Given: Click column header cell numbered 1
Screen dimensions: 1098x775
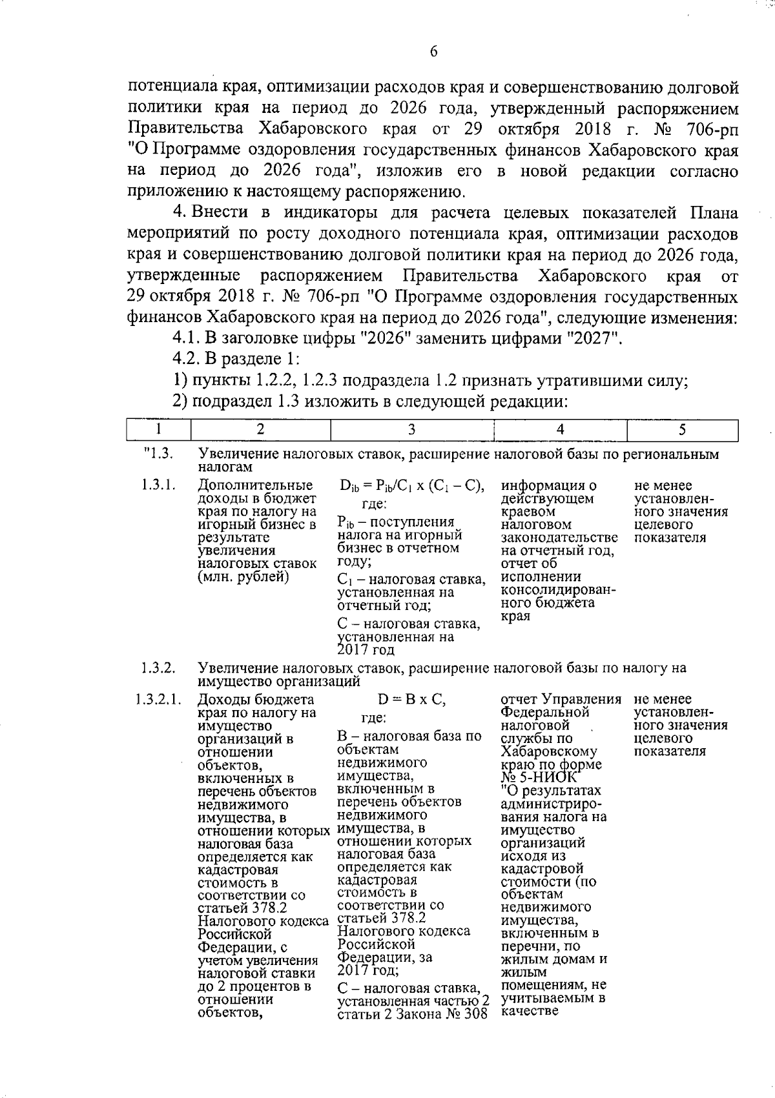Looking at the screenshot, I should point(158,430).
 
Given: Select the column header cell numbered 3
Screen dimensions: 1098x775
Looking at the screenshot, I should point(411,430).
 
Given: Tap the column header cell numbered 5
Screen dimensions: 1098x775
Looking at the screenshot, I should point(682,430).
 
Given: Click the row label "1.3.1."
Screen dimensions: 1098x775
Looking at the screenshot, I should point(158,485).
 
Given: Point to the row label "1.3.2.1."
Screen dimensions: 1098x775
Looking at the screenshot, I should point(158,700).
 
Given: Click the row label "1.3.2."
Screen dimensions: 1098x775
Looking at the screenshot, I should point(158,668).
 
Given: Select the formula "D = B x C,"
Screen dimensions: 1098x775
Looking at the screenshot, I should point(411,700).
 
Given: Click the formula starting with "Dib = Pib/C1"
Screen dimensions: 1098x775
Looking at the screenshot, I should point(411,486).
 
